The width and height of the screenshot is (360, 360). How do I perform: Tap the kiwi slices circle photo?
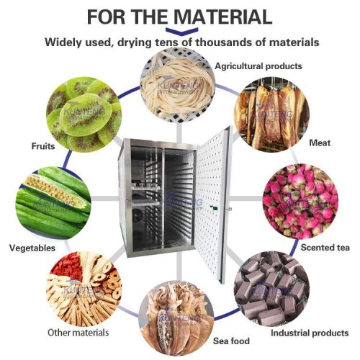click(83, 115)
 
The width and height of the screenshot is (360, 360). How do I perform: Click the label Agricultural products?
click(258, 66)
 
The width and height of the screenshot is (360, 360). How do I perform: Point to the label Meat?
click(320, 143)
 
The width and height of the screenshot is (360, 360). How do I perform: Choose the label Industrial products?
click(310, 333)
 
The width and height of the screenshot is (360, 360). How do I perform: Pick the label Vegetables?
click(32, 248)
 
